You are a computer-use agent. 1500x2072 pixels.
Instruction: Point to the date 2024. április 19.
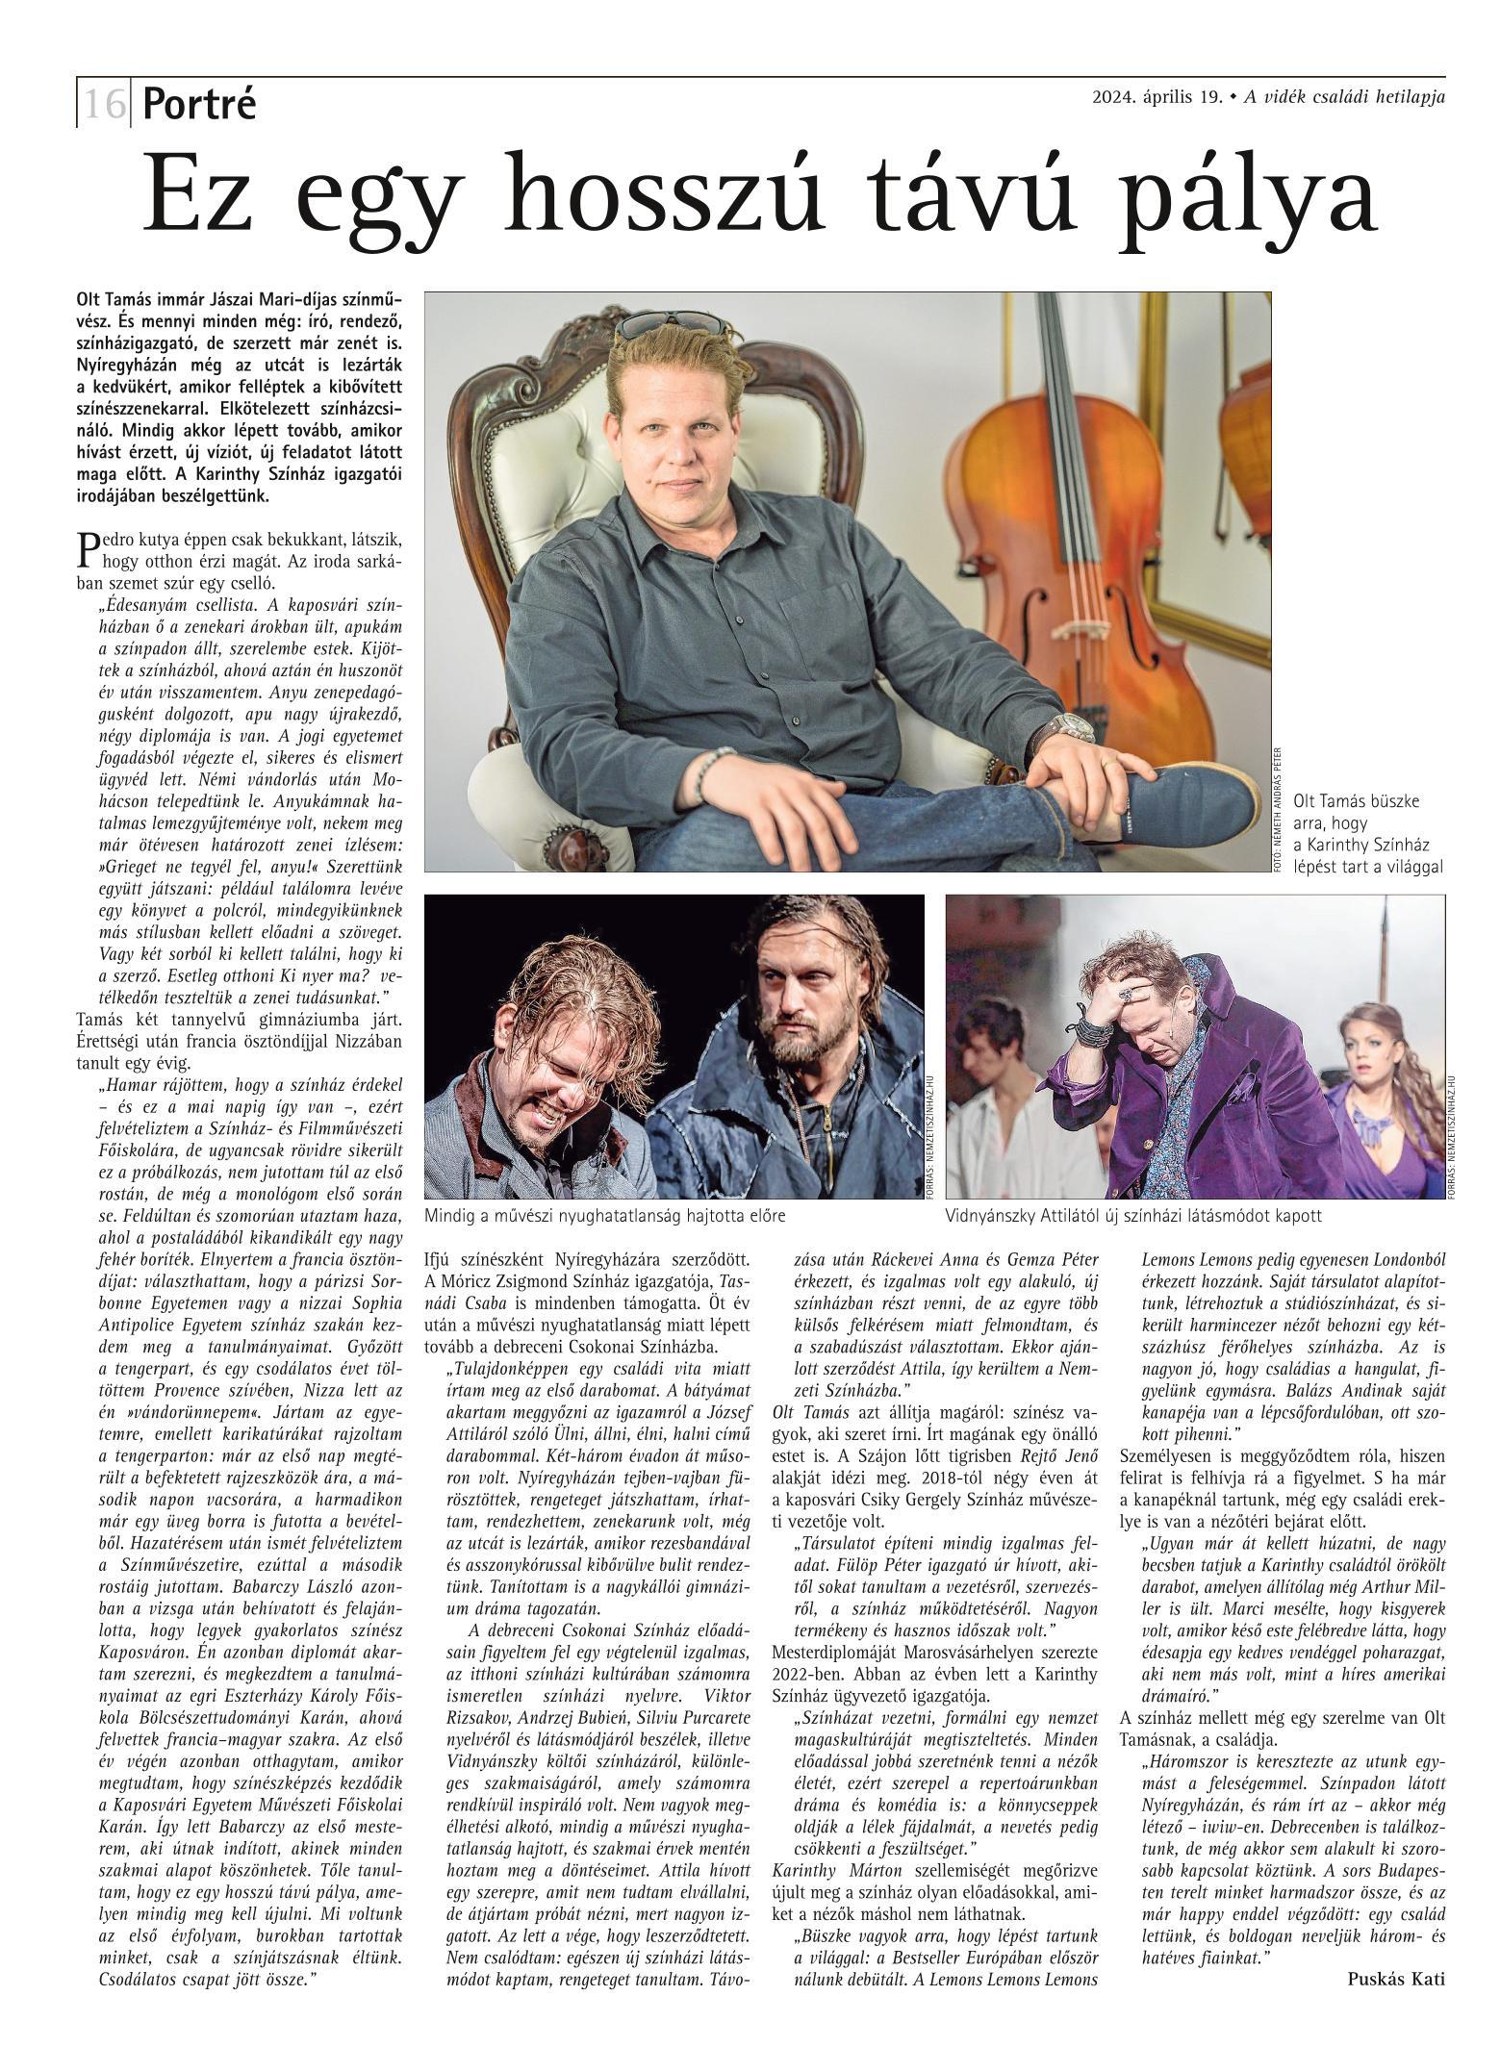(x=1157, y=97)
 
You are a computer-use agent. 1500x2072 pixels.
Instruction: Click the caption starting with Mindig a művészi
(x=605, y=1215)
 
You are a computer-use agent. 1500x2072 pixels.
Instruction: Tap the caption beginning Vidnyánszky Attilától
(x=1134, y=1215)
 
